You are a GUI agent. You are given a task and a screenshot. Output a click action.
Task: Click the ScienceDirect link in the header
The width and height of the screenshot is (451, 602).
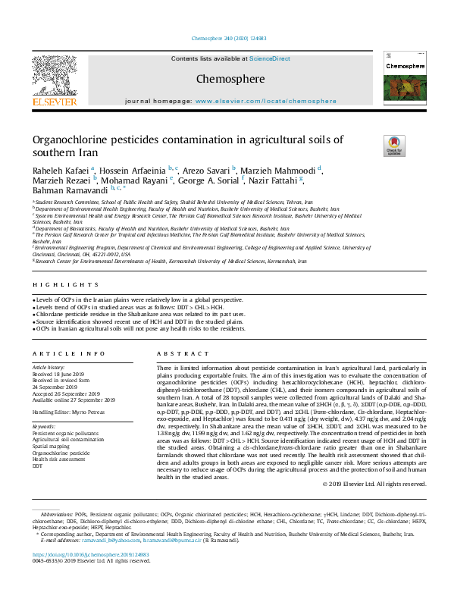(270, 59)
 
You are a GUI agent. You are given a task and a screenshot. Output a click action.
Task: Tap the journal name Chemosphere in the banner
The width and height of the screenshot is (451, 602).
(230, 79)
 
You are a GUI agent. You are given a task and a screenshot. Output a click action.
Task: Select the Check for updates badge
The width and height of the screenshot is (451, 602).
(394, 146)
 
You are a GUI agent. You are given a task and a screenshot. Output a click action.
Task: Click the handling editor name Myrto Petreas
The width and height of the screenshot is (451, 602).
(97, 411)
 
